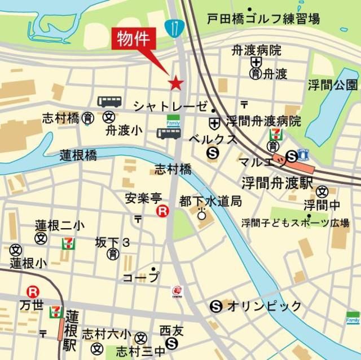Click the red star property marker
176,83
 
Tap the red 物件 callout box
134,39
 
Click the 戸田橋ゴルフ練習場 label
263,19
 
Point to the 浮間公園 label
333,85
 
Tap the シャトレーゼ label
169,106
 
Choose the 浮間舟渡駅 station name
277,183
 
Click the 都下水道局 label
210,201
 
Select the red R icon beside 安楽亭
162,211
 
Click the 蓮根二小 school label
59,225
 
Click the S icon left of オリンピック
215,306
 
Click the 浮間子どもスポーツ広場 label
295,222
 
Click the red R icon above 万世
33,292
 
